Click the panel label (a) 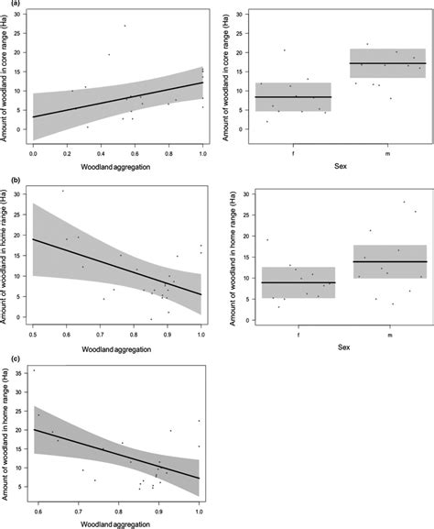[8, 5]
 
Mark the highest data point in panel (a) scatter [125, 26]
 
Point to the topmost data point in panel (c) [34, 370]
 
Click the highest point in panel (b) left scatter [62, 191]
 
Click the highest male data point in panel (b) [404, 202]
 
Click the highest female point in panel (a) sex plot [285, 50]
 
